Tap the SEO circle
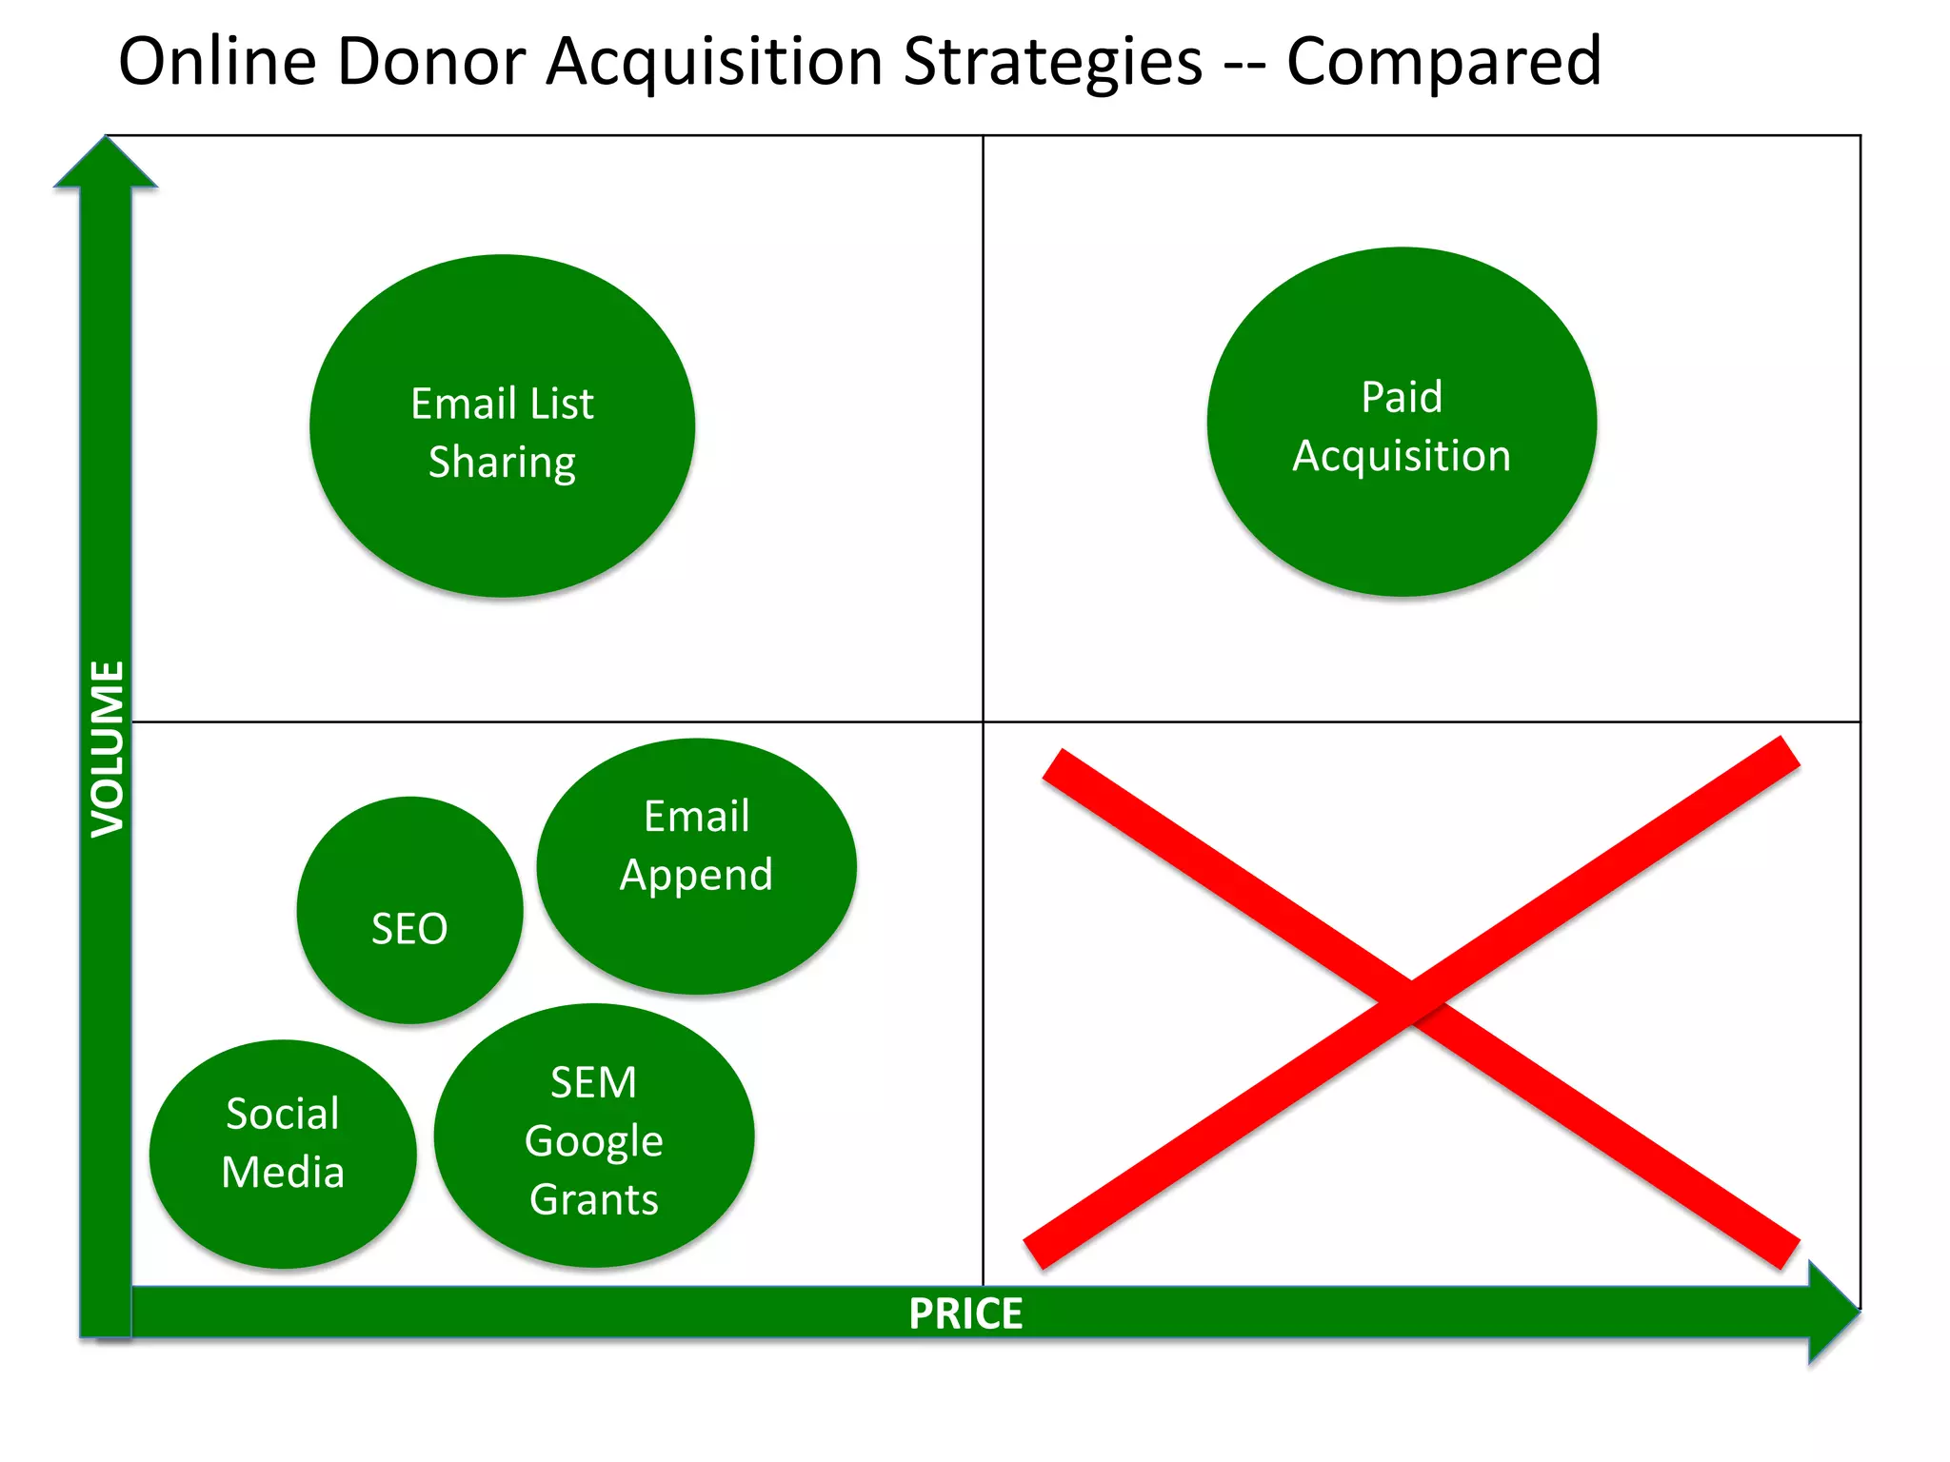coord(409,911)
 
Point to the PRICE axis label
coord(965,1314)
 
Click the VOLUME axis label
coord(108,749)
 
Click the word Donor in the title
coord(430,63)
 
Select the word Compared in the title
coord(1443,63)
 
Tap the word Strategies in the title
coord(1052,63)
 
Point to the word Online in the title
coord(217,63)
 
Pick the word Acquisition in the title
coord(714,63)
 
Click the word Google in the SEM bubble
coord(594,1141)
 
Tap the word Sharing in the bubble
coord(502,463)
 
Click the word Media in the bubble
coord(283,1172)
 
